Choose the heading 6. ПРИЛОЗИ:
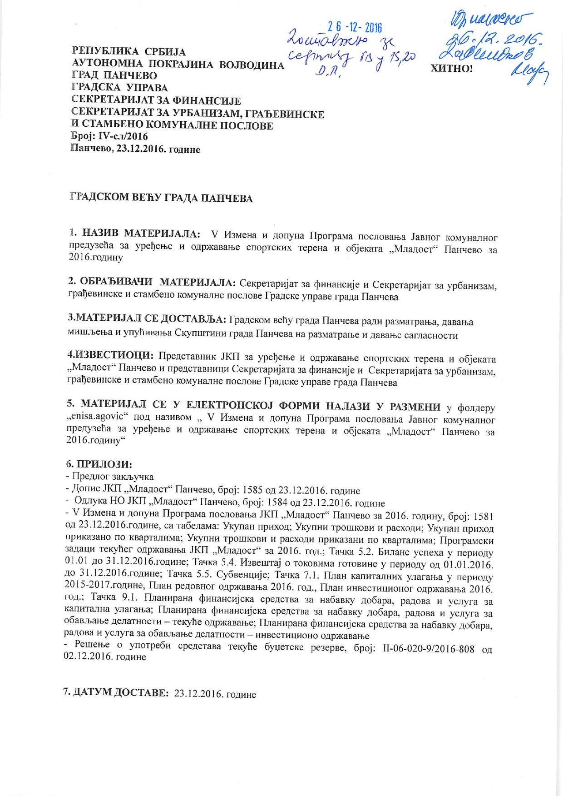tap(99, 465)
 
